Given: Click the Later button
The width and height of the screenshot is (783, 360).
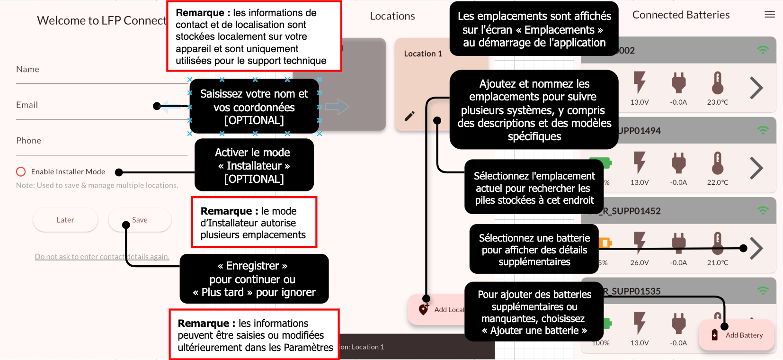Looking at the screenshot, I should point(65,220).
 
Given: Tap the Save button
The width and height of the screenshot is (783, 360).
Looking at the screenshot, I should point(140,220).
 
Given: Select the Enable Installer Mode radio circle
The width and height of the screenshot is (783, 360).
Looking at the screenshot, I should point(21,171).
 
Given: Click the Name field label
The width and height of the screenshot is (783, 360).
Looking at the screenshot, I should point(27,69).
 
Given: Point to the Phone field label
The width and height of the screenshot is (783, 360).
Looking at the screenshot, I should point(28,141).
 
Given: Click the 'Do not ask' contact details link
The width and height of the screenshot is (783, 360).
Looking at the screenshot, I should point(102,257).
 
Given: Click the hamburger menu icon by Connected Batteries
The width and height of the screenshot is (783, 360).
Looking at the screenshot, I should point(770,15).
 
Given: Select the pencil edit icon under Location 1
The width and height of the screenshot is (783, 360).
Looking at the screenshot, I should point(409,116).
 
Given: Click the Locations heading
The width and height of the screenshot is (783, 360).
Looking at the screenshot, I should point(392,16).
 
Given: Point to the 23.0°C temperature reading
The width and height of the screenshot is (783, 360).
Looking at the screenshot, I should point(718,102).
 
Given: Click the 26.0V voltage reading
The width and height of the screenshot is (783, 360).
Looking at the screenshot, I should point(639,263).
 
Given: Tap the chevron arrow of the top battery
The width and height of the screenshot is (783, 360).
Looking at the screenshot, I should point(756,88).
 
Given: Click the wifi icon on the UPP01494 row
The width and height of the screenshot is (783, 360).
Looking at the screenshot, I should point(763,130).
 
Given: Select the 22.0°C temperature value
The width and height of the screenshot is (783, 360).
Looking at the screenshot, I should point(718,182).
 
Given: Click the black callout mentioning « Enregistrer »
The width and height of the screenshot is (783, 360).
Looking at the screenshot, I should point(254,279).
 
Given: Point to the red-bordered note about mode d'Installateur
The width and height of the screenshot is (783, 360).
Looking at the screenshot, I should point(254,223).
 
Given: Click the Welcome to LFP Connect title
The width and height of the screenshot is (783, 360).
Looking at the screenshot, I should point(102,21).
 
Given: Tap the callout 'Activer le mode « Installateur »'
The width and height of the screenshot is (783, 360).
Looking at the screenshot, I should point(254,165).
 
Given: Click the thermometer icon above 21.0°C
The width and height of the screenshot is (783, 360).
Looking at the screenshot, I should point(718,243).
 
